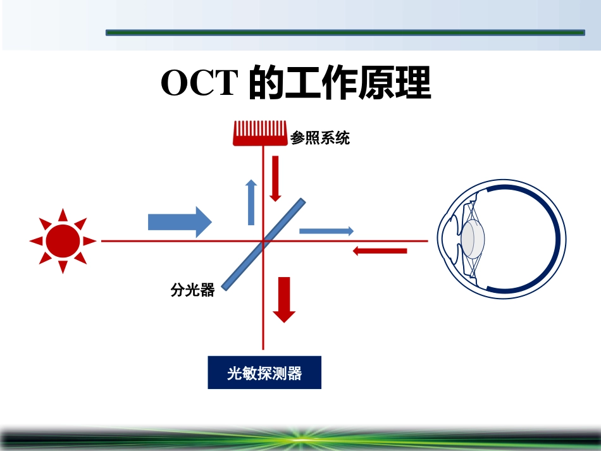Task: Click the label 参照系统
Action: coord(320,137)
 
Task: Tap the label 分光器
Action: coord(192,290)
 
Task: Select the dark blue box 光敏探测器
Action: coord(264,373)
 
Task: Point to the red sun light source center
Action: coord(63,240)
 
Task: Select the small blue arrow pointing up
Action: coord(251,202)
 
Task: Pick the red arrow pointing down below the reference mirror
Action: coord(275,178)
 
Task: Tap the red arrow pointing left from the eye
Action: coord(380,251)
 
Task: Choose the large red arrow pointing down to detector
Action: coord(283,300)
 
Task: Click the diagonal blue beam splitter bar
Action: coord(264,244)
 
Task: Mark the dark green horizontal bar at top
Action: coord(345,32)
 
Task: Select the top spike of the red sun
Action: coord(63,213)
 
